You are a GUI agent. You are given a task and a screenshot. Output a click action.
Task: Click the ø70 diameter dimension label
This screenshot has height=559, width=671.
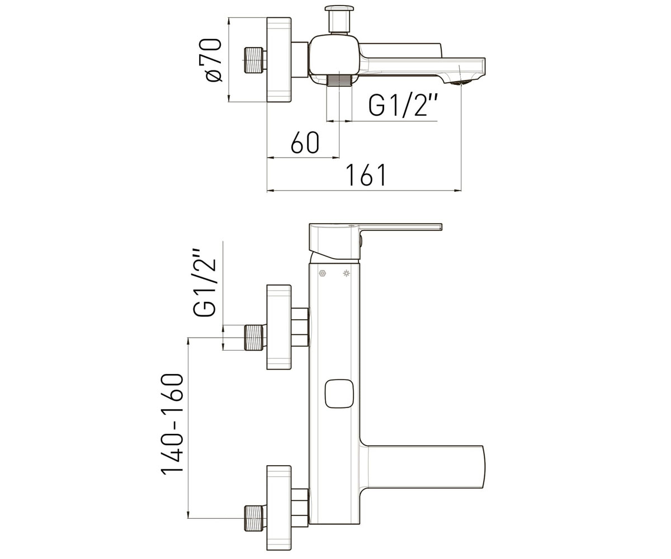[213, 60]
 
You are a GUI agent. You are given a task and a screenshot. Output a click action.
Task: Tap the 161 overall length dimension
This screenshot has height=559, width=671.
[367, 175]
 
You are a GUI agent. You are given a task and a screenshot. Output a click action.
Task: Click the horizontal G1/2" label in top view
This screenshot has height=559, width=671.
[403, 106]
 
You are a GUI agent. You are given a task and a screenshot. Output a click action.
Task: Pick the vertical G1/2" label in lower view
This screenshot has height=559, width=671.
[204, 282]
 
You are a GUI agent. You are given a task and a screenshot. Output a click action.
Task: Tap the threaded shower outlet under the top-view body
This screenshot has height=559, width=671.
[339, 80]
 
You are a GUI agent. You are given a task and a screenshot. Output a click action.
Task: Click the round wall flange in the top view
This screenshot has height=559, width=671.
[279, 60]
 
